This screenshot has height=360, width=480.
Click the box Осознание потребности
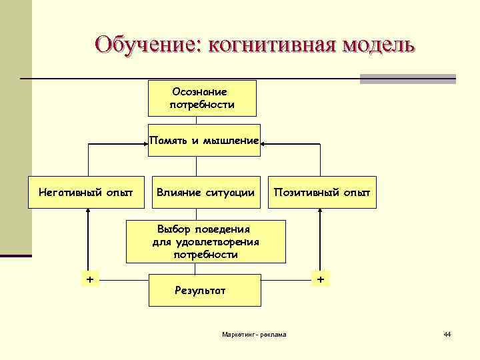click(201, 98)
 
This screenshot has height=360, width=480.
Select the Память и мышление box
click(204, 141)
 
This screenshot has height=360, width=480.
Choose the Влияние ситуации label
click(205, 193)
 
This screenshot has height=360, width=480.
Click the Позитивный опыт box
click(322, 193)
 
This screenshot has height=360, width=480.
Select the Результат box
click(204, 290)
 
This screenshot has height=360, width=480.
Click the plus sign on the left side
click(89, 279)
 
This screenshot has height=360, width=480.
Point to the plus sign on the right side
click(321, 279)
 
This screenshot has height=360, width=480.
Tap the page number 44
click(447, 333)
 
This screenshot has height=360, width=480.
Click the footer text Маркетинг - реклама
click(253, 333)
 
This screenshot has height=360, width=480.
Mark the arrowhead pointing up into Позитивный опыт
click(320, 212)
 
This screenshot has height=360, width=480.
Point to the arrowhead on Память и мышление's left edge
click(145, 141)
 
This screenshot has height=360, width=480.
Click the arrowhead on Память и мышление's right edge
click(265, 141)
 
